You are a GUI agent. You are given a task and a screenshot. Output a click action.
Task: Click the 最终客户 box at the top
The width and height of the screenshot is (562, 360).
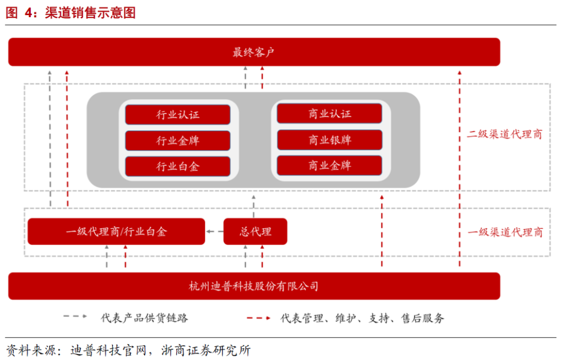point(254,52)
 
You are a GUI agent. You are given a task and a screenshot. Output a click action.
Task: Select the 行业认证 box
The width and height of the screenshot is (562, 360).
point(177,114)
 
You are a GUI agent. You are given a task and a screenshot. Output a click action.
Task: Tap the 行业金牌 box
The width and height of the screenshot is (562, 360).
point(177,140)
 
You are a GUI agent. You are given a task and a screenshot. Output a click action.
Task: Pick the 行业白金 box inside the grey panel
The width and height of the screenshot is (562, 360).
point(177,166)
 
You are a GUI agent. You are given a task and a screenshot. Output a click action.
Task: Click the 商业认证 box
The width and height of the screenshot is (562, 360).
point(329,113)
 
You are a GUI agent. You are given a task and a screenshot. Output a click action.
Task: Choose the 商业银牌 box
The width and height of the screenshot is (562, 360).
point(329,140)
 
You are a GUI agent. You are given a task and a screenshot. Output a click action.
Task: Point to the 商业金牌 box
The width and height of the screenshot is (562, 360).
point(329,165)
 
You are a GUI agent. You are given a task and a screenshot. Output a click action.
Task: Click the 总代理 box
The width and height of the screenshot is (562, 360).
point(255,232)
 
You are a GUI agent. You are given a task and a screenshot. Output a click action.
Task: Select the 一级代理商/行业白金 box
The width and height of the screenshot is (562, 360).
point(116,232)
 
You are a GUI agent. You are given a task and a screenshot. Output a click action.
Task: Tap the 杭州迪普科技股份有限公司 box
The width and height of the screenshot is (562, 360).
point(254,286)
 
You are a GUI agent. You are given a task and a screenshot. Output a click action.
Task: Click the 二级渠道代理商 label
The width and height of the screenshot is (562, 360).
point(504,134)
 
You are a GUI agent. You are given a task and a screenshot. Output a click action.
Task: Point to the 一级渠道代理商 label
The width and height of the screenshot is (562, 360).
point(504,232)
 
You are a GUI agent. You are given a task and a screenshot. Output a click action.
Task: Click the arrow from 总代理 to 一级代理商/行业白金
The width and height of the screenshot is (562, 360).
point(214,232)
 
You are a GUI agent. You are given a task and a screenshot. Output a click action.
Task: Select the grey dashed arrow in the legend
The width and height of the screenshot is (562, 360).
point(75,317)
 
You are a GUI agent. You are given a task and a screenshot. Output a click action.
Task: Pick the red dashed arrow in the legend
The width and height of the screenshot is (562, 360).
point(258,317)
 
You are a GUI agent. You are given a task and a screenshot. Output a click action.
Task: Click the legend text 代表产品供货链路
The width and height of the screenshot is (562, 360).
point(144,317)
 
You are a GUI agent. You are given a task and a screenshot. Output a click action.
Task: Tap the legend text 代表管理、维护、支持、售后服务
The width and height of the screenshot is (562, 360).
point(362,317)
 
